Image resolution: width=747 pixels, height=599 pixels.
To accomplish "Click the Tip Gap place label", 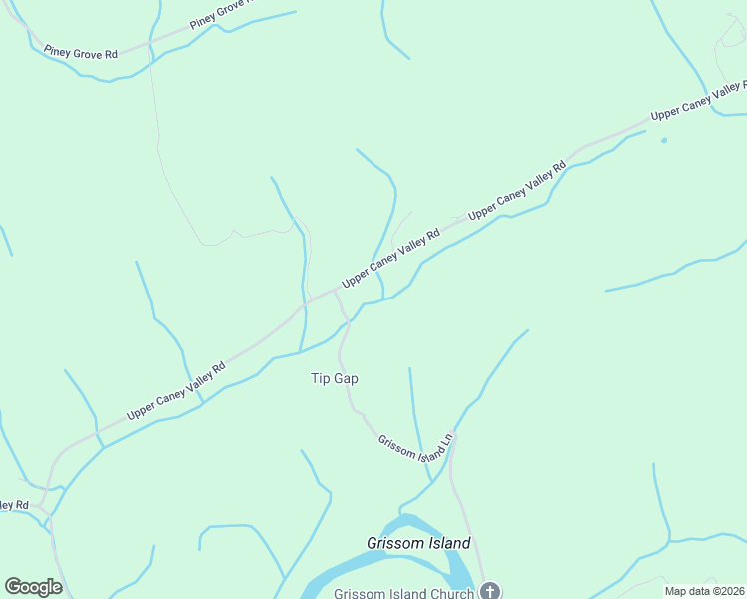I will (334, 379).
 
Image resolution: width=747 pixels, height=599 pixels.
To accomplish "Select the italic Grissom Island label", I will (418, 544).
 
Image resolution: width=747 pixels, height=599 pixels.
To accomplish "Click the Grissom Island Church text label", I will (403, 593).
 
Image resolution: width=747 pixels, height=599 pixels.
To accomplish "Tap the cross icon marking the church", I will (489, 591).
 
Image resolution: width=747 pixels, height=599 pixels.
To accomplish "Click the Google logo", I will (33, 587).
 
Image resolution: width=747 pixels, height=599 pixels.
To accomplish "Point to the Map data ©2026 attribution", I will (705, 591).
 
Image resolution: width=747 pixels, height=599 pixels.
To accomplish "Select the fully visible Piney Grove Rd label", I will (81, 52).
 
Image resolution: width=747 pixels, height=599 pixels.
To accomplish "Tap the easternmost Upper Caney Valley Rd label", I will (697, 102).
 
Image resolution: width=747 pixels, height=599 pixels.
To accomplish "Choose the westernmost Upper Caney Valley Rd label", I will (176, 391).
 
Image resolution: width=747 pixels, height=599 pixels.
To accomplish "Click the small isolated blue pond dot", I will (663, 140).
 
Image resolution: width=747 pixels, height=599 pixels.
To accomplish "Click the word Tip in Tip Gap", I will (319, 379).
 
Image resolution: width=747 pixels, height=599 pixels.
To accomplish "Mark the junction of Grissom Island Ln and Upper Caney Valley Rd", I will (334, 293).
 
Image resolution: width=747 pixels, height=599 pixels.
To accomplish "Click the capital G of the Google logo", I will (13, 587).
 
